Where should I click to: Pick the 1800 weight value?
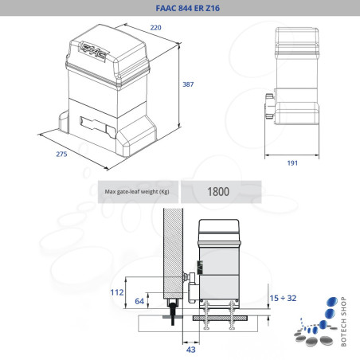click(x=218, y=191)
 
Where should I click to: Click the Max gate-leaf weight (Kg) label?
click(x=137, y=192)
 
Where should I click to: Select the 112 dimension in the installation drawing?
click(x=116, y=292)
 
